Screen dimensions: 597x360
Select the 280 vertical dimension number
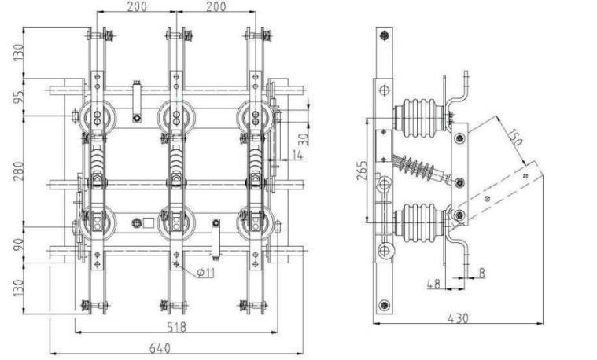(x=18, y=171)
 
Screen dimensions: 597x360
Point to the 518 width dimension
(x=177, y=326)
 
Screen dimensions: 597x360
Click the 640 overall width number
(x=160, y=348)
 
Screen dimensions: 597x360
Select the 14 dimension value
(x=297, y=155)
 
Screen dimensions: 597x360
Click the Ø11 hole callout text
(x=206, y=273)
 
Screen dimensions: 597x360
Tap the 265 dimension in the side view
(x=362, y=170)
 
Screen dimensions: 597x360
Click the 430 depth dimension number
(x=458, y=318)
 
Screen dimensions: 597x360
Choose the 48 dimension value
(x=433, y=284)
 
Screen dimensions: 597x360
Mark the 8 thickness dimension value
(x=481, y=273)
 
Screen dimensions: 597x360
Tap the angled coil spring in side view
(x=418, y=167)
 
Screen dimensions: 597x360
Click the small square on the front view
(x=148, y=222)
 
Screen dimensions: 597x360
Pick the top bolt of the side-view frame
(x=384, y=36)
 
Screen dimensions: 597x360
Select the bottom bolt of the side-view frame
(x=384, y=304)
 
